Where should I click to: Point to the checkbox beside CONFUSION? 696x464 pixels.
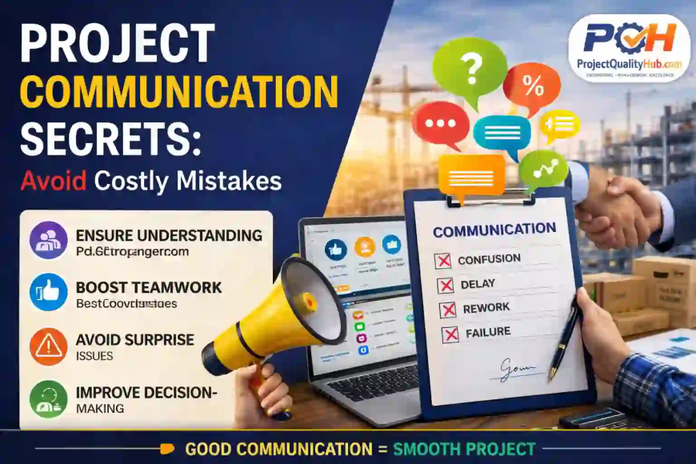click(442, 260)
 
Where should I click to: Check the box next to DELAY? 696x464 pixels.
click(446, 286)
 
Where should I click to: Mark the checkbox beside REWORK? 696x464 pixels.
click(448, 310)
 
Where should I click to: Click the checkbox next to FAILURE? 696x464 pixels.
click(450, 334)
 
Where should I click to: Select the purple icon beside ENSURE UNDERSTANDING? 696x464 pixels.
click(48, 241)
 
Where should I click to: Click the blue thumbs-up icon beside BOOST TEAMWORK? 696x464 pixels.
click(48, 292)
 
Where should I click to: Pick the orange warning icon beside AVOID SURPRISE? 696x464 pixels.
click(48, 346)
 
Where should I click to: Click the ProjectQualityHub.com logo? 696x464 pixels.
click(629, 48)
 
